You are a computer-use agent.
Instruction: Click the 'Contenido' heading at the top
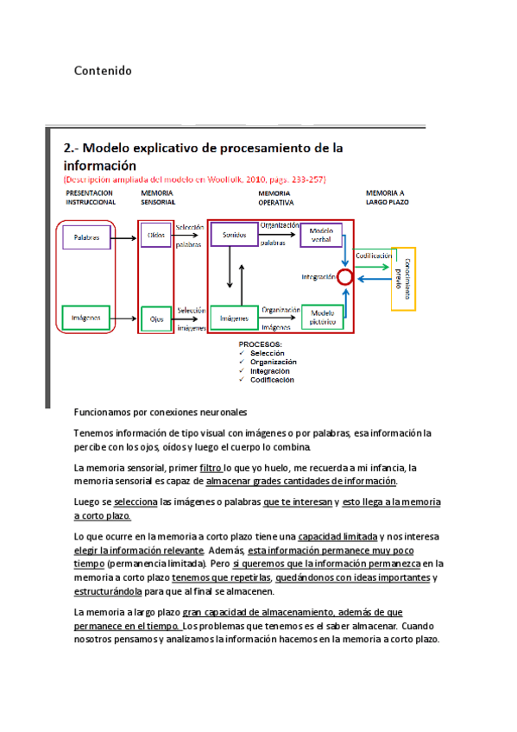(x=103, y=70)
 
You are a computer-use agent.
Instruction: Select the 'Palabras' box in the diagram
(x=86, y=237)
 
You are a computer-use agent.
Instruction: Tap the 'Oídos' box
(x=156, y=234)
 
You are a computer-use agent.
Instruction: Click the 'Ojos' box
(x=156, y=318)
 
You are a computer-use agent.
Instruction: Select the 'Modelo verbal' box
(x=321, y=235)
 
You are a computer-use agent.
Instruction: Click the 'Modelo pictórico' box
(x=322, y=316)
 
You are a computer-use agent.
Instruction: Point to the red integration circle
(x=345, y=276)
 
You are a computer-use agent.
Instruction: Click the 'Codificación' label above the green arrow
(x=373, y=256)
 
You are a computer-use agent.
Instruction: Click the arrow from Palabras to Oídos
(x=125, y=235)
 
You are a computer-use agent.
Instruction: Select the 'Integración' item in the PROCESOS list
(x=272, y=370)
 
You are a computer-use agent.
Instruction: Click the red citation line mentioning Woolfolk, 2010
(x=199, y=178)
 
